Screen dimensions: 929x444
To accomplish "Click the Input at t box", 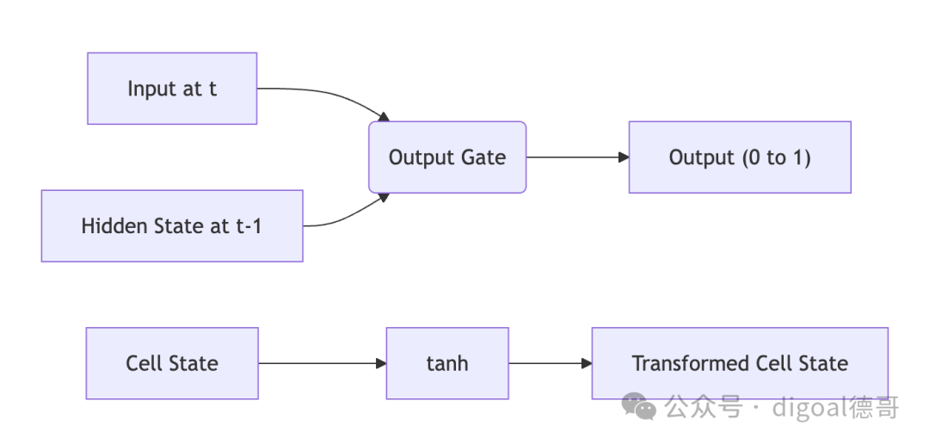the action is click(x=172, y=89).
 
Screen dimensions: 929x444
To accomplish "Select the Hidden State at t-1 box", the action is click(x=172, y=225).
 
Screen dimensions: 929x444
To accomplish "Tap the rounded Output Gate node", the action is click(x=447, y=157).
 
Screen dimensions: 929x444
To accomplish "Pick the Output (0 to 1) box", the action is click(x=740, y=157).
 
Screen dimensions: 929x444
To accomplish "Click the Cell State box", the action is click(x=172, y=363).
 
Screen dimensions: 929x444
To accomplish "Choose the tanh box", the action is click(x=447, y=363).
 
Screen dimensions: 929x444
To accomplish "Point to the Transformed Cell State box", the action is click(x=740, y=363).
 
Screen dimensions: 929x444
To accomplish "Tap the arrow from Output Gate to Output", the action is click(x=578, y=157).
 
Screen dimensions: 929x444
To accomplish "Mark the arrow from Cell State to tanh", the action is click(x=323, y=363).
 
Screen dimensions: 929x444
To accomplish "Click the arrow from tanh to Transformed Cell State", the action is click(x=551, y=363).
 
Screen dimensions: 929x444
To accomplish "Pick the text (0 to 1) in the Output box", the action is click(x=776, y=157).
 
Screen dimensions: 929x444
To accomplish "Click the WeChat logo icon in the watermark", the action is click(x=638, y=407).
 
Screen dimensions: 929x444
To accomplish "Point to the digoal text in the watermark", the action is click(x=810, y=409).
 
